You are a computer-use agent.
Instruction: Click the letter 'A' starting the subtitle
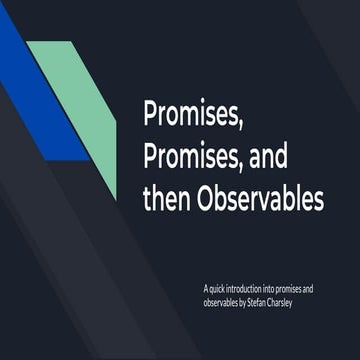tap(204, 288)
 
